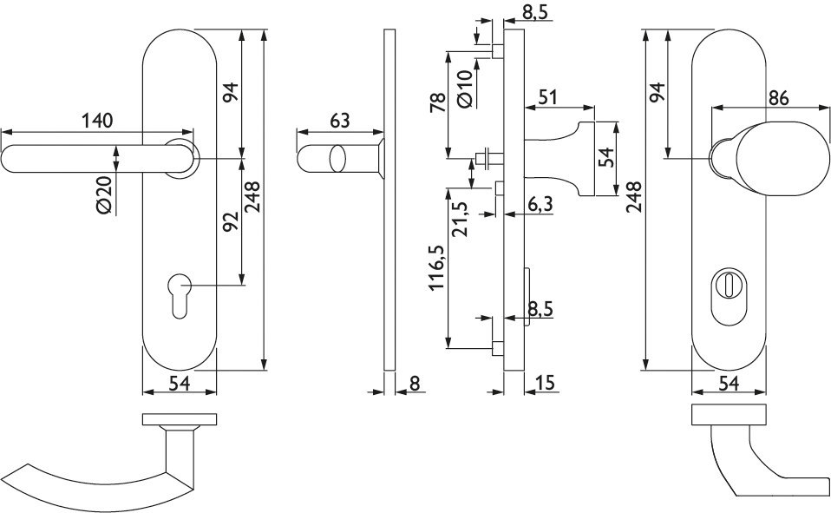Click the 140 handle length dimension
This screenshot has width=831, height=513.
click(x=97, y=121)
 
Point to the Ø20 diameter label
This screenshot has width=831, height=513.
click(x=104, y=194)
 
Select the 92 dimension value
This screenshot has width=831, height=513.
click(x=231, y=222)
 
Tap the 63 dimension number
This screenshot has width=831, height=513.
click(x=340, y=121)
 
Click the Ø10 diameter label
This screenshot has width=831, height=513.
click(x=464, y=89)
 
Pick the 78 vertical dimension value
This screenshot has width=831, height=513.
click(x=439, y=102)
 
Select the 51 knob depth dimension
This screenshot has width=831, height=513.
click(x=548, y=97)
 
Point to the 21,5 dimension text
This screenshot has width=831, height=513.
click(x=459, y=219)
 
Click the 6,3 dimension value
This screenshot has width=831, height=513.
click(x=540, y=203)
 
